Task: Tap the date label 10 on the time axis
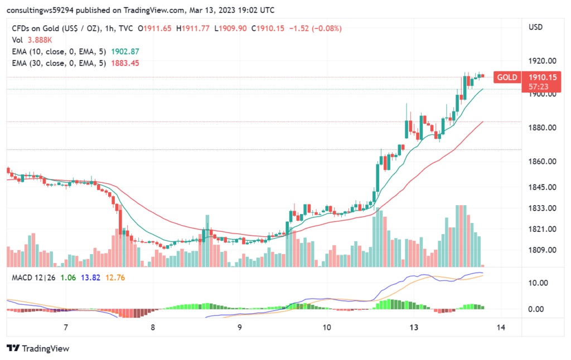[x=327, y=327]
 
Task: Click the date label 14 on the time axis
[x=500, y=327]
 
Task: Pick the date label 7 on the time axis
[x=66, y=327]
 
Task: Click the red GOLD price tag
[x=507, y=77]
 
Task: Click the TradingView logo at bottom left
[x=38, y=348]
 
